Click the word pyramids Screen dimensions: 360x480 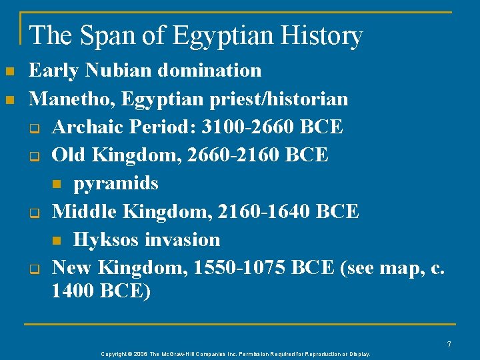tap(116, 183)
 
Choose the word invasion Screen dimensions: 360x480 tap(181, 239)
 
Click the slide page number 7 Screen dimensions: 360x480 tap(449, 345)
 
